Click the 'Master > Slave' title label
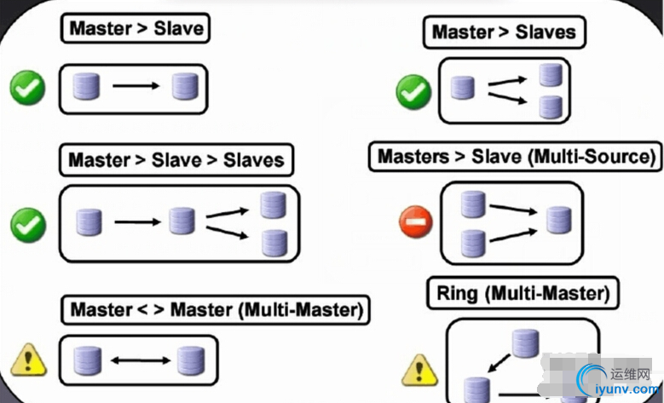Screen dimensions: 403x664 click(136, 28)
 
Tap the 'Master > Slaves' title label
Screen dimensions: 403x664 click(504, 33)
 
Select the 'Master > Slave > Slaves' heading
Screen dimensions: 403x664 click(176, 159)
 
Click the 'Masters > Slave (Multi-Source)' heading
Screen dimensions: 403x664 click(517, 157)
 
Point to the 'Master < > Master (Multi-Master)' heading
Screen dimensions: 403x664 click(217, 309)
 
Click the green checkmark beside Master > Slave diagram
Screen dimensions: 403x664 click(28, 87)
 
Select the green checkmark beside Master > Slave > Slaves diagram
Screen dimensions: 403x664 click(28, 224)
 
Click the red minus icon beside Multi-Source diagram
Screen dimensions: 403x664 click(415, 223)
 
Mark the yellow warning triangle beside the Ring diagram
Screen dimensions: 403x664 click(418, 369)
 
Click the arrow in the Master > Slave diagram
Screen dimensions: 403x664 click(136, 86)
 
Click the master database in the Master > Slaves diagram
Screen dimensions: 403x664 click(462, 89)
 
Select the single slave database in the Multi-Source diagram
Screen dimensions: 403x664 click(558, 219)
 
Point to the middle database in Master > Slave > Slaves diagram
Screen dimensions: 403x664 click(182, 222)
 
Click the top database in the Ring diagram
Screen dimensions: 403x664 click(524, 343)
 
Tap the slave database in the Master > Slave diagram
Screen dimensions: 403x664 click(184, 86)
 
